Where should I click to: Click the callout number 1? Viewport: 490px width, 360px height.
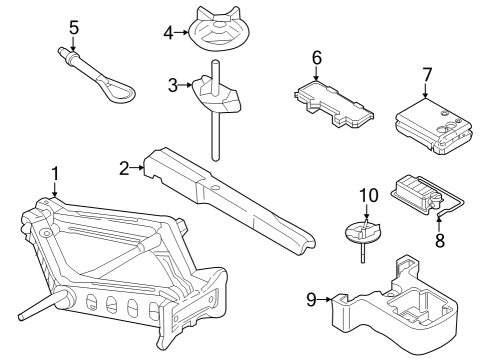pyautogui.click(x=55, y=172)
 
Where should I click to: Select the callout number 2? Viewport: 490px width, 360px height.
pyautogui.click(x=124, y=168)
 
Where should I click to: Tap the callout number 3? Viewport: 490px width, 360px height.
pyautogui.click(x=172, y=86)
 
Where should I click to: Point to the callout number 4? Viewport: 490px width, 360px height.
pyautogui.click(x=169, y=32)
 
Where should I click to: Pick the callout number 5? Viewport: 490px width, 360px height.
pyautogui.click(x=73, y=25)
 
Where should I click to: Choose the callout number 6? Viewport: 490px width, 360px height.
pyautogui.click(x=316, y=57)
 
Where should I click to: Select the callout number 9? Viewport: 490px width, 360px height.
pyautogui.click(x=311, y=297)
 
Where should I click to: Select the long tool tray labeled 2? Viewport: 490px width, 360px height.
pyautogui.click(x=230, y=195)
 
